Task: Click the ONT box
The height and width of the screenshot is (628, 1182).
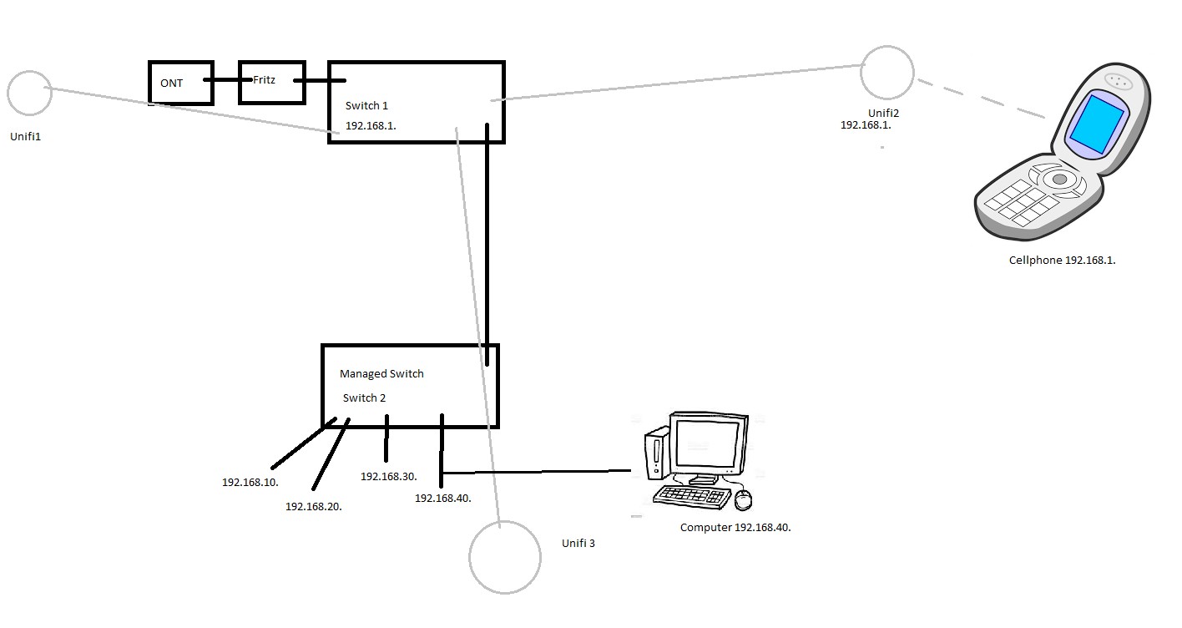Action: pos(180,83)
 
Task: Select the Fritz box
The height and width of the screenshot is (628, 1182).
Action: pos(271,82)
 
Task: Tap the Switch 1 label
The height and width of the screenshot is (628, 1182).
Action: pos(366,106)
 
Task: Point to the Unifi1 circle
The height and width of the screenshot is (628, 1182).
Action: pos(30,93)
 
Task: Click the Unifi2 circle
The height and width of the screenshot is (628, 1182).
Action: pos(887,73)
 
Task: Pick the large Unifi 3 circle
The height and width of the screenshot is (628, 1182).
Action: pos(505,557)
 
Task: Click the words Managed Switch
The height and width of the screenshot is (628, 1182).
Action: pos(381,373)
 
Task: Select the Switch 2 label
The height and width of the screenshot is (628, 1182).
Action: pos(364,398)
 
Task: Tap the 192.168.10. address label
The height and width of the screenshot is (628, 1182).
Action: pos(250,483)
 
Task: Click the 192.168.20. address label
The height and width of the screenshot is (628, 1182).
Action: pos(314,506)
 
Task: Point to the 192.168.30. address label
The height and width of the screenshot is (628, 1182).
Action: pos(388,476)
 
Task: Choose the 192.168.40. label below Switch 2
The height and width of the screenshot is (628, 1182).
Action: pos(443,498)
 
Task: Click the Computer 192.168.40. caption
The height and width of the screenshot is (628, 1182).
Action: pos(735,527)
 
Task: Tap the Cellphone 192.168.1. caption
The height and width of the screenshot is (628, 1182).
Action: pos(1062,260)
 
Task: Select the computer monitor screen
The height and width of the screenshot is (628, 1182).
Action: pos(708,445)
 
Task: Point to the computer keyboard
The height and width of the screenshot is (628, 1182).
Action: pos(691,496)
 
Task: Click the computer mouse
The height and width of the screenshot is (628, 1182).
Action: pos(743,499)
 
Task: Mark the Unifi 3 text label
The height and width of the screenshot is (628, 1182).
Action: pos(578,543)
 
